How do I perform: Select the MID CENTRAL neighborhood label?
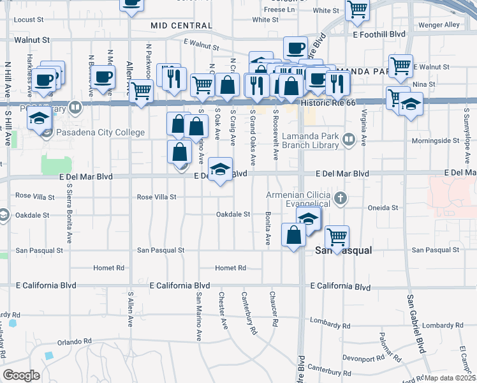coord(181,26)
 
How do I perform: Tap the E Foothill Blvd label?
coord(379,33)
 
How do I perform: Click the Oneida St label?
coord(383,207)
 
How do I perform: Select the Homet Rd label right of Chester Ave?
coord(230,268)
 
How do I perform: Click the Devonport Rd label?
coord(362,357)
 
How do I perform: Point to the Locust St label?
coord(28,20)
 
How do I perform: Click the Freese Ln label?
coord(279,10)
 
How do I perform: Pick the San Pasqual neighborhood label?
coord(344,251)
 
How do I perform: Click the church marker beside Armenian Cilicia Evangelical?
coord(341,198)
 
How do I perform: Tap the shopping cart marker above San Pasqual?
coord(337,236)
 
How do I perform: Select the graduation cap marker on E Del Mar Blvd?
coord(220,169)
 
